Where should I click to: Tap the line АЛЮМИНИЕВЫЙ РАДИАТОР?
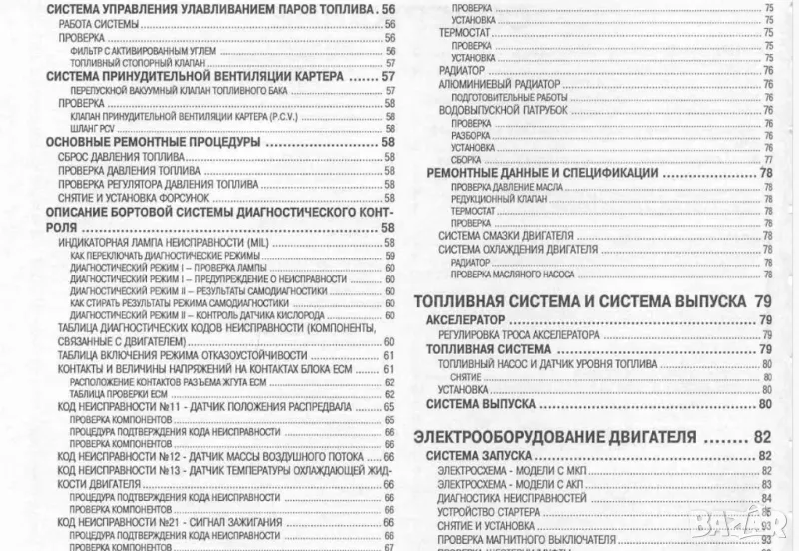click(x=490, y=85)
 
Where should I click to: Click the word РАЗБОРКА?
click(x=472, y=135)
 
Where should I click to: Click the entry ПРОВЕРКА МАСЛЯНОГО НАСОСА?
click(x=509, y=273)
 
